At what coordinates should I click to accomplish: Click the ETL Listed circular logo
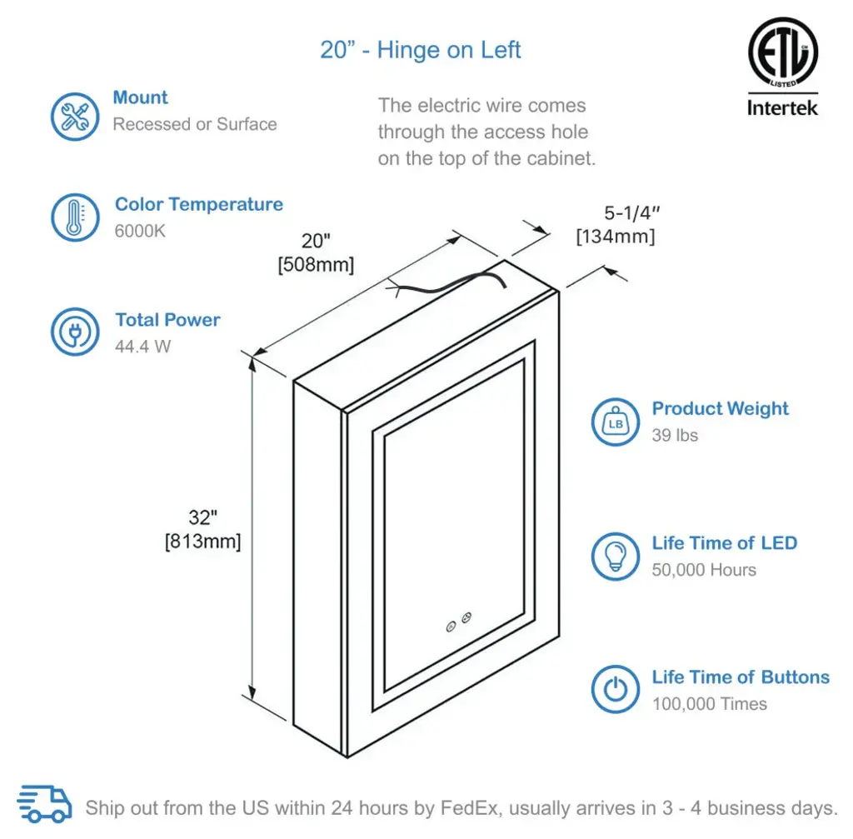[x=782, y=53]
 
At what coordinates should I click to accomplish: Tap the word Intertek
[x=782, y=107]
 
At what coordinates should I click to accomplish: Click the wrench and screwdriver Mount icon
[x=75, y=117]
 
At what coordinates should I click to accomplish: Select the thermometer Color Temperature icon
[x=75, y=218]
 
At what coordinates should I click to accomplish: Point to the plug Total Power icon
[x=75, y=332]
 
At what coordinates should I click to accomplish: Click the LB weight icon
[x=616, y=422]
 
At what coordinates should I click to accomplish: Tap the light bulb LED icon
[x=616, y=556]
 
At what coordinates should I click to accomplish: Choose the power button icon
[x=616, y=689]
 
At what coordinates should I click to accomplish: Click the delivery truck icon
[x=45, y=806]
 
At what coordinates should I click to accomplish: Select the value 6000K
[x=140, y=231]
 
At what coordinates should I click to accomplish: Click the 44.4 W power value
[x=142, y=346]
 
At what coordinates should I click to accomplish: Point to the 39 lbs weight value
[x=675, y=435]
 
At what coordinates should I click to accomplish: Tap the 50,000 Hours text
[x=704, y=570]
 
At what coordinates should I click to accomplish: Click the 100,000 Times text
[x=709, y=704]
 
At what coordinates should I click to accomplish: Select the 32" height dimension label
[x=202, y=518]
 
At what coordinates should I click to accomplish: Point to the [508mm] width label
[x=316, y=265]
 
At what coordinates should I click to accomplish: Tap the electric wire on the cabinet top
[x=450, y=282]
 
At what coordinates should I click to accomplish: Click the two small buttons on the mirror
[x=458, y=620]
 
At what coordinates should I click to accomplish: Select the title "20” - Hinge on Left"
[x=421, y=50]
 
